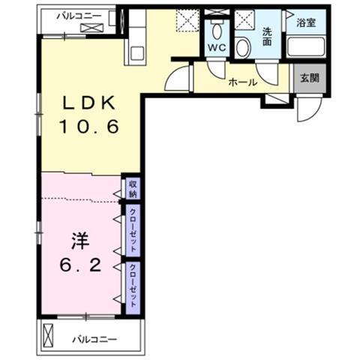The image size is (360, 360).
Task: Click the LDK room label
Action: pos(88,103)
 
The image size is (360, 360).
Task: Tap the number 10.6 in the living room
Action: pos(88,126)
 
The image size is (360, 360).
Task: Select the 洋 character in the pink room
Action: pos(80,241)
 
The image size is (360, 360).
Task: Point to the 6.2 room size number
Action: pos(80,265)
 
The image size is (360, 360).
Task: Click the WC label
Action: pos(217,47)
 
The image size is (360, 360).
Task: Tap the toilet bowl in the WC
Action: pos(217,31)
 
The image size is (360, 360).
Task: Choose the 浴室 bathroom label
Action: pos(306,23)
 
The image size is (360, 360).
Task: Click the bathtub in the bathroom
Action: pos(306,46)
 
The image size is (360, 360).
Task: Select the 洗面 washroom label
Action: pos(267,37)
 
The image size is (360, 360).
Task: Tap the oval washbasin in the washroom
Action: pos(243,47)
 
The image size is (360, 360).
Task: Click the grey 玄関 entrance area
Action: pos(310,78)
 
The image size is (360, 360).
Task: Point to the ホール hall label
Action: pos(242,82)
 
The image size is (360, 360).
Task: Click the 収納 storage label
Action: pos(133,189)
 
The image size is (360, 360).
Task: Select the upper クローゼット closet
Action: pos(133,230)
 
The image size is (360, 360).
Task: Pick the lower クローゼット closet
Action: pos(133,288)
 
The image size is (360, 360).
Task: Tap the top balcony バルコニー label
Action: pos(79,16)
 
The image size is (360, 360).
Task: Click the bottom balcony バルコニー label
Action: pos(94,340)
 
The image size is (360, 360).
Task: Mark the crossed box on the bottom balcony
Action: pos(48,335)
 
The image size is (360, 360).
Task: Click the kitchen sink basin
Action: pos(136,53)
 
